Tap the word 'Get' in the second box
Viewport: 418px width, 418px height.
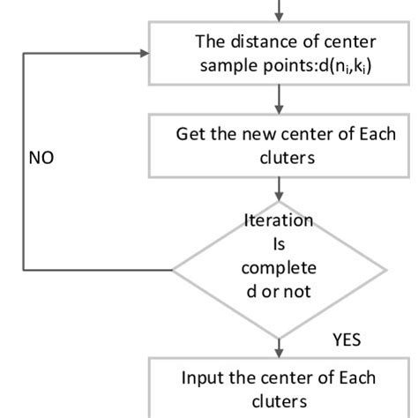(190, 135)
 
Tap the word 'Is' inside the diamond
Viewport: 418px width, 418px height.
(280, 243)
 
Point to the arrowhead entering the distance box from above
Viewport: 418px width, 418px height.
(280, 18)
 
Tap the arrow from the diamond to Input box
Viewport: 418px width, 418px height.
(280, 342)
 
